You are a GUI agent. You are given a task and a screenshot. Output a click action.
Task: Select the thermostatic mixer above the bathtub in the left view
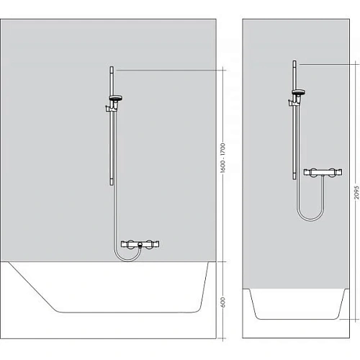pyautogui.click(x=140, y=246)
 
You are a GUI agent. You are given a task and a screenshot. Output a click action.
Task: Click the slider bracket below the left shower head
pyautogui.click(x=110, y=109)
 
